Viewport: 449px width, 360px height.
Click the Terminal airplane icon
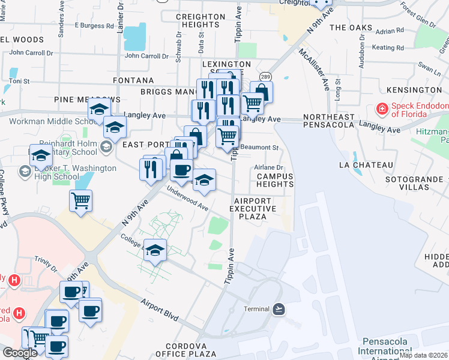pos(279,308)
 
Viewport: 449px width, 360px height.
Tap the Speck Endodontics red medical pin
pos(381,109)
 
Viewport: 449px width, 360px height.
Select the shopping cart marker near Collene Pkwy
pos(80,201)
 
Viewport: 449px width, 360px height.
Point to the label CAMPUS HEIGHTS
pos(274,181)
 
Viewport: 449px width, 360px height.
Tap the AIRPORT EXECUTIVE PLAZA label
pos(255,208)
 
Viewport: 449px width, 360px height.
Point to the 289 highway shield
pos(265,77)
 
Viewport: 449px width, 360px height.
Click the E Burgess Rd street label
pos(94,26)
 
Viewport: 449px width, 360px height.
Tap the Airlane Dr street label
pos(268,168)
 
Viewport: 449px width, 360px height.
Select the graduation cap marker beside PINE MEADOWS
pos(99,110)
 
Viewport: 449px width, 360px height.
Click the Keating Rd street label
pos(383,47)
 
